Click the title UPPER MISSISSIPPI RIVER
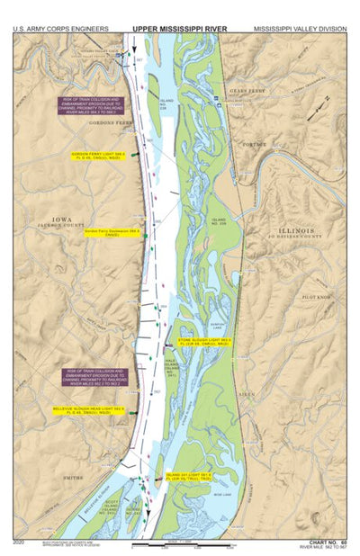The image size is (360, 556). pyautogui.click(x=180, y=29)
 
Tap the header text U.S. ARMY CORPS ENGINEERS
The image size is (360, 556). pyautogui.click(x=61, y=29)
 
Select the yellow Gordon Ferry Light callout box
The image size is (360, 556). pyautogui.click(x=96, y=156)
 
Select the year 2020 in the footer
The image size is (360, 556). pyautogui.click(x=20, y=543)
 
